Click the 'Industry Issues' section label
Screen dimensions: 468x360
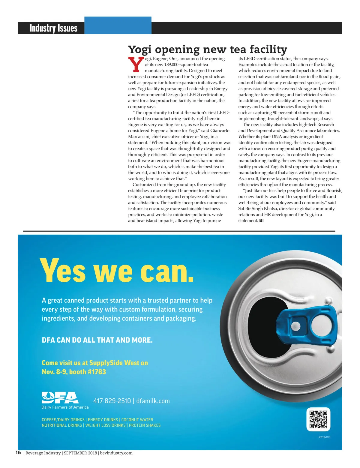click(x=53, y=28)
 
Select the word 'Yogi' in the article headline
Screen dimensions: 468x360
click(x=140, y=49)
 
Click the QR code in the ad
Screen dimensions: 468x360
click(x=318, y=419)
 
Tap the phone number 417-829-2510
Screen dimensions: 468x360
click(x=112, y=401)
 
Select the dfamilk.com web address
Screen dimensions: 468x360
click(x=153, y=401)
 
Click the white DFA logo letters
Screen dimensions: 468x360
click(x=60, y=398)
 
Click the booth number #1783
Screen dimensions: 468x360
click(x=96, y=372)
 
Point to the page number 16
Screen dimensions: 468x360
click(x=18, y=452)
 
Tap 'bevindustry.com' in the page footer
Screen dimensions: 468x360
click(x=116, y=453)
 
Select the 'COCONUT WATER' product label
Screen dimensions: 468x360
click(x=137, y=420)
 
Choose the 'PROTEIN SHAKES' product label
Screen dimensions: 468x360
click(x=145, y=425)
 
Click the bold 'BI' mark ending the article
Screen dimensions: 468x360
click(x=261, y=220)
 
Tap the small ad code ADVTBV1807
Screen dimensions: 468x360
click(x=324, y=437)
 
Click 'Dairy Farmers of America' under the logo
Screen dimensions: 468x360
click(x=65, y=407)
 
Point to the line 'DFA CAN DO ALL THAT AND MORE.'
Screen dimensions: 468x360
click(x=97, y=340)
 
